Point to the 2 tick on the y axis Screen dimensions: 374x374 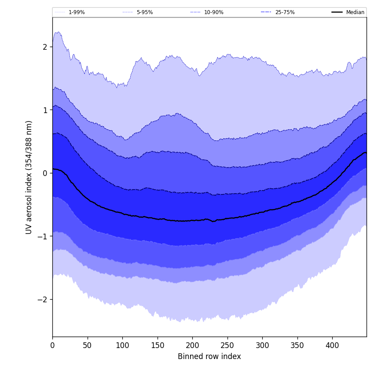tap(44, 47)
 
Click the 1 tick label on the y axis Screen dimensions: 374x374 tap(44, 110)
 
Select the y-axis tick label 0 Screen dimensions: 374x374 tap(44, 173)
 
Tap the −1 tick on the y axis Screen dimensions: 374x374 tap(42, 236)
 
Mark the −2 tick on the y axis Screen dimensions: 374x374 tap(42, 299)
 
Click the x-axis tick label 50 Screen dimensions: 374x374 tap(88, 345)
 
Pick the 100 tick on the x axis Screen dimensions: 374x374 tap(122, 345)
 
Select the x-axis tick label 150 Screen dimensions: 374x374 tap(158, 345)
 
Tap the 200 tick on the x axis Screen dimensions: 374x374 tap(192, 345)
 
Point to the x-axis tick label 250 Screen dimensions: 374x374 tap(227, 345)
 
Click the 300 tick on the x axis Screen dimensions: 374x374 tap(262, 345)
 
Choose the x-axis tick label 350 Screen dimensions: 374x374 tap(297, 345)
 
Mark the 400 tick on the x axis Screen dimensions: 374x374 tap(332, 345)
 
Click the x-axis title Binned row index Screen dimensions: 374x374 tap(209, 356)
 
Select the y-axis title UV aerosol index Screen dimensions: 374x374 tap(29, 177)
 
